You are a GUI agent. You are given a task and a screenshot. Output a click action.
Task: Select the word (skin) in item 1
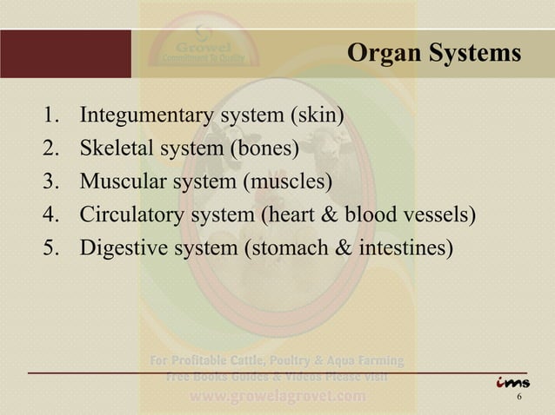(318, 116)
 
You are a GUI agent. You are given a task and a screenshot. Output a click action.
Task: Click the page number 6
(519, 398)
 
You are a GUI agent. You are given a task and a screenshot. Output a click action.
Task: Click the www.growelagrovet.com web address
(277, 397)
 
